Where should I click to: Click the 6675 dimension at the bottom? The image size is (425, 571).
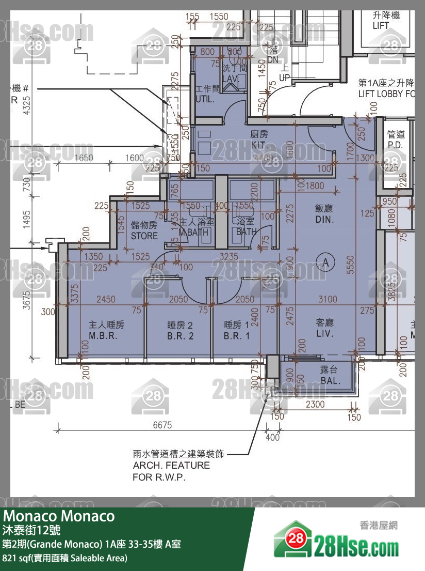click(x=162, y=425)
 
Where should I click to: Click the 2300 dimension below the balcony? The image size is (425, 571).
click(x=315, y=405)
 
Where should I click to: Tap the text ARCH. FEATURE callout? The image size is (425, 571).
click(x=171, y=466)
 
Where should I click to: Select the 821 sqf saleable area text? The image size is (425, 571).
click(x=64, y=558)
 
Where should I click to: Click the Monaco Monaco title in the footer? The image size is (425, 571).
click(x=59, y=516)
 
